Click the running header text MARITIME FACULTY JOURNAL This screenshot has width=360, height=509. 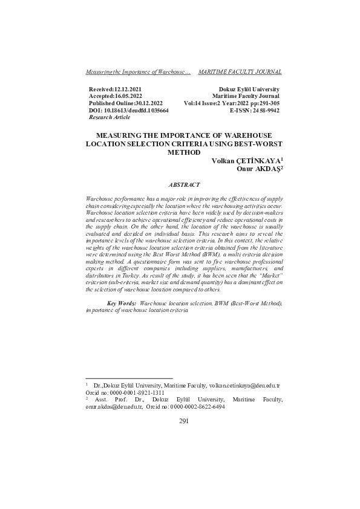point(240,72)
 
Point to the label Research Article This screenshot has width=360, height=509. point(110,117)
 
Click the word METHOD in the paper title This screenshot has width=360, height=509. point(184,153)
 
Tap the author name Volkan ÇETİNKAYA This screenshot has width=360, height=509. point(246,161)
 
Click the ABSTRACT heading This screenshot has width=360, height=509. point(184,184)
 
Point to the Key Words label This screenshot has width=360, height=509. point(121,302)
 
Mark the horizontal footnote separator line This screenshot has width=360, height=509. point(120,378)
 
